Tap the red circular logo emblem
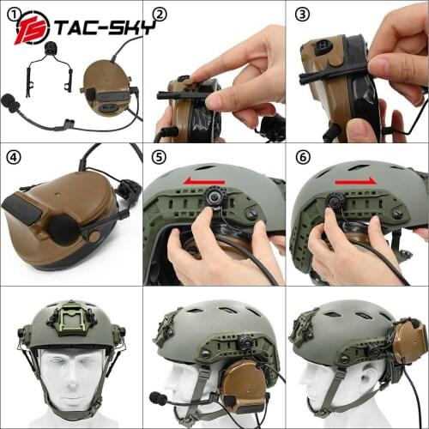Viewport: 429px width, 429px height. pyautogui.click(x=33, y=27)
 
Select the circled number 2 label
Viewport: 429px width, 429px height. pyautogui.click(x=159, y=15)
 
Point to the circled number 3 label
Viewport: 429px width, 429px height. pyautogui.click(x=301, y=15)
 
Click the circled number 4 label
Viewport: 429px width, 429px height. pyautogui.click(x=15, y=158)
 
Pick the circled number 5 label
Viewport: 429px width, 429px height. pyautogui.click(x=159, y=158)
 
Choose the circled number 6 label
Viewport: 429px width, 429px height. pyautogui.click(x=301, y=158)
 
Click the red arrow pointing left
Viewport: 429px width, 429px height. pyautogui.click(x=205, y=181)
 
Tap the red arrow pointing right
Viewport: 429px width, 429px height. pyautogui.click(x=354, y=181)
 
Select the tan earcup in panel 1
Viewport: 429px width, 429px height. pyautogui.click(x=108, y=89)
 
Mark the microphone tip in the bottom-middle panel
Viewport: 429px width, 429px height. pyautogui.click(x=159, y=399)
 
